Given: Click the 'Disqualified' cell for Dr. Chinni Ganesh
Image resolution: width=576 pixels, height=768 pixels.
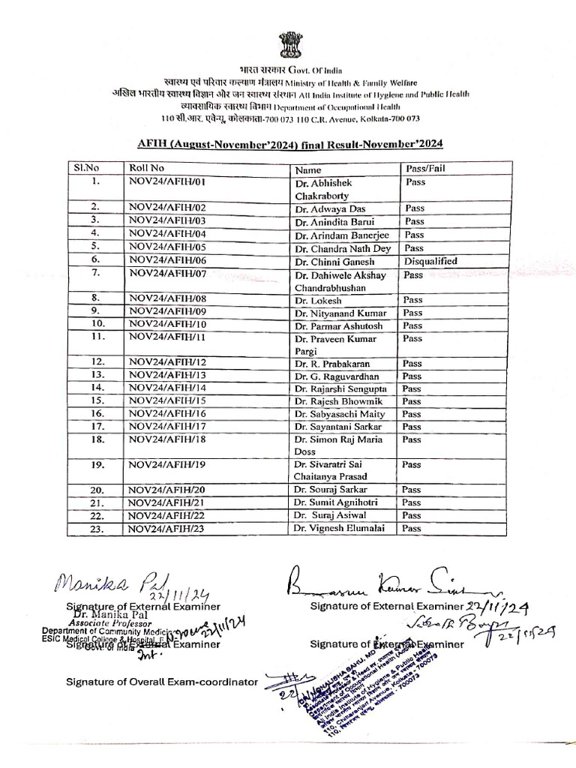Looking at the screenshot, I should coord(430,261).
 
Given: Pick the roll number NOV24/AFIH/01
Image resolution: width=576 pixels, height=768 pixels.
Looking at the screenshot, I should coord(166,181).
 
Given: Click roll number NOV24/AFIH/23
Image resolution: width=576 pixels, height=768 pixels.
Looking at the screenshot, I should coord(166,529).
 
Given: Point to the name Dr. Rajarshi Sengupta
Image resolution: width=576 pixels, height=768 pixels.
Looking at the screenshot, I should coord(341,388).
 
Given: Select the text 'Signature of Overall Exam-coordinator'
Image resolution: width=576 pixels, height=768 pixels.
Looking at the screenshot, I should coord(161,682).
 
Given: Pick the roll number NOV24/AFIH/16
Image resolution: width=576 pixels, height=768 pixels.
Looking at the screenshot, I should coord(166,413).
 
